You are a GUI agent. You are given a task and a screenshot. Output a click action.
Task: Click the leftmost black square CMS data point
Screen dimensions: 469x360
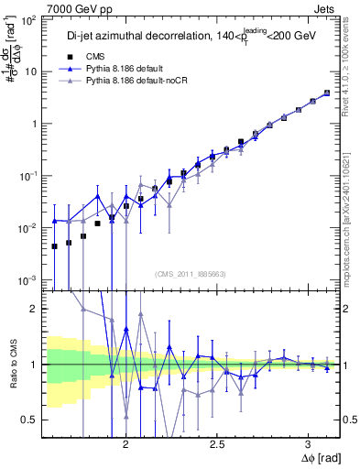[x=54, y=245]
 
